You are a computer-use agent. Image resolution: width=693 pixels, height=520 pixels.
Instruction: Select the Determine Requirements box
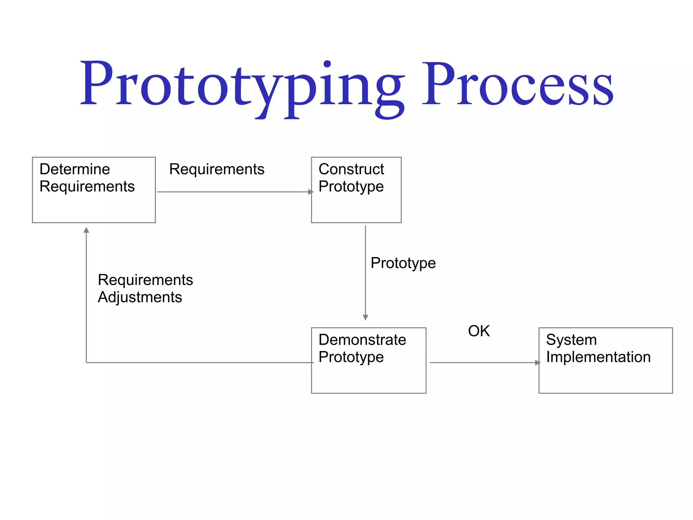point(94,190)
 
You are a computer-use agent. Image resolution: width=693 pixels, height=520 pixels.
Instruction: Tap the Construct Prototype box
point(356,190)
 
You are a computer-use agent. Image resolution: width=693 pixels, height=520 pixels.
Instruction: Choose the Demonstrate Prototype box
point(368,360)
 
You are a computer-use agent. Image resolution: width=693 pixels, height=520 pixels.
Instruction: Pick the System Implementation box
point(605,360)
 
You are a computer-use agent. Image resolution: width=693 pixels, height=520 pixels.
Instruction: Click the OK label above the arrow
point(478,331)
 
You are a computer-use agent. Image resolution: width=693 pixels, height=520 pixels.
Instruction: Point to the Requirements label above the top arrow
point(217,169)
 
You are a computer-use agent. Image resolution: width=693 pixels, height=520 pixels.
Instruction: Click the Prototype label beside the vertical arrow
point(403,263)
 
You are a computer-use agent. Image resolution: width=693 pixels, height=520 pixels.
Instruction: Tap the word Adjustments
point(140,297)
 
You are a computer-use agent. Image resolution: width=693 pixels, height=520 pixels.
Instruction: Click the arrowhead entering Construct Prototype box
point(311,192)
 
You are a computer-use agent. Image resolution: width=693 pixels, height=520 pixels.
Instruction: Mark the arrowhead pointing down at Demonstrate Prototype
point(365,317)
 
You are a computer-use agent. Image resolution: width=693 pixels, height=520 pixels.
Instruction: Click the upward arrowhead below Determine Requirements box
point(86,230)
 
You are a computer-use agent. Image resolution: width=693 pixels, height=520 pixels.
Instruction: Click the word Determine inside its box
point(74,169)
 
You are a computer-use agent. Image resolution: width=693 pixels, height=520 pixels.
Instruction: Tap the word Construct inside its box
point(351,169)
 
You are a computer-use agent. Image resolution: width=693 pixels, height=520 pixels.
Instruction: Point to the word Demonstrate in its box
point(362,340)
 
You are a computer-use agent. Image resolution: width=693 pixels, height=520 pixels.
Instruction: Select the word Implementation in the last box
point(598,357)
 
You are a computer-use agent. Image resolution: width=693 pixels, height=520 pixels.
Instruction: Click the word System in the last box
point(571,340)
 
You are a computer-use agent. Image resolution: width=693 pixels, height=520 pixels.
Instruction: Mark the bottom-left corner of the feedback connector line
point(86,363)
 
